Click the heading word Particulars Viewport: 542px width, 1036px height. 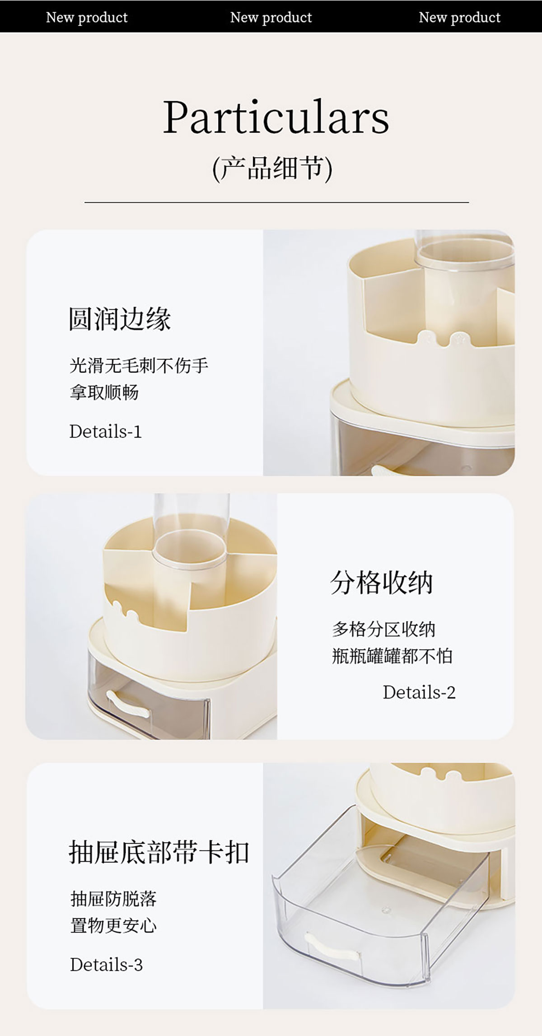[276, 117]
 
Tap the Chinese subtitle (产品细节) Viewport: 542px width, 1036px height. [272, 168]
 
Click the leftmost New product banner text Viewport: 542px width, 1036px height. [87, 17]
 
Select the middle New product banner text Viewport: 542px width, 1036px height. [271, 17]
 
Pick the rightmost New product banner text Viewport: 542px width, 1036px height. [459, 17]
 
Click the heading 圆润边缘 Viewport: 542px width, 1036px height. [120, 319]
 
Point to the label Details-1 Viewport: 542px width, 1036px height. [106, 431]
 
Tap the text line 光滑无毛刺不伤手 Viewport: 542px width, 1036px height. [139, 365]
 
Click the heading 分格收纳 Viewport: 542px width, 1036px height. [382, 582]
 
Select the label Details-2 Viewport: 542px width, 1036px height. [419, 692]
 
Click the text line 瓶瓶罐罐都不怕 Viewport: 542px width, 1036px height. [392, 656]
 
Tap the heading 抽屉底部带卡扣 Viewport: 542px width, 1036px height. [159, 852]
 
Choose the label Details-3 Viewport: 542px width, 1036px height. [107, 965]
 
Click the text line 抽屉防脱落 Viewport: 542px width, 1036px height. [113, 899]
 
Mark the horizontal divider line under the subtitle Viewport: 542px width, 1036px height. [276, 202]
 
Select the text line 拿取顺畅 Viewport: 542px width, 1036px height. [104, 392]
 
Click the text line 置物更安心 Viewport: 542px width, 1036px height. [113, 926]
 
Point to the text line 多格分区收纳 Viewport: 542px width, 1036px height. [383, 629]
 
